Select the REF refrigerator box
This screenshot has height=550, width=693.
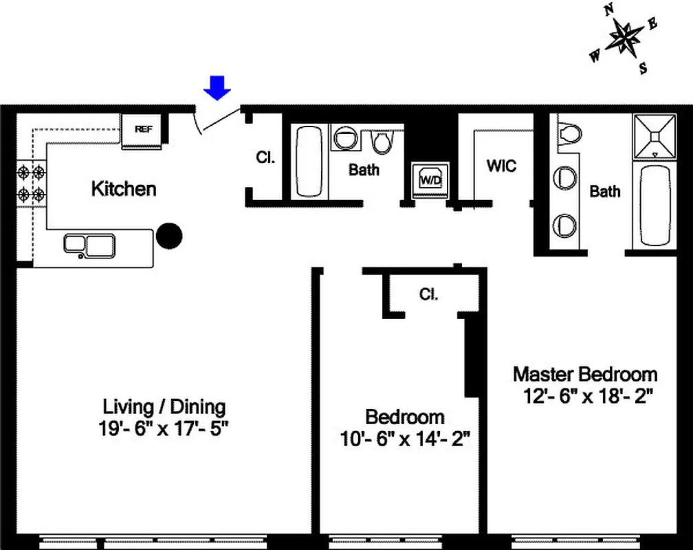[x=143, y=129]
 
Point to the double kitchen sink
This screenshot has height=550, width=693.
[x=89, y=245]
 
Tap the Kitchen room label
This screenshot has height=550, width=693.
[x=124, y=189]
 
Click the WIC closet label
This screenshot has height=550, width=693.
[x=501, y=166]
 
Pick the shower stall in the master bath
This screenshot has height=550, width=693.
[x=654, y=135]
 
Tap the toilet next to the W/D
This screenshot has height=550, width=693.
[x=381, y=142]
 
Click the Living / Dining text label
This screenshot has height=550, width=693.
[x=164, y=406]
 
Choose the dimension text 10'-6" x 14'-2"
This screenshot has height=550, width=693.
[x=405, y=439]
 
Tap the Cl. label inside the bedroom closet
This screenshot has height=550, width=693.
[x=429, y=294]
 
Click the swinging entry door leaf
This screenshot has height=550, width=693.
[x=218, y=120]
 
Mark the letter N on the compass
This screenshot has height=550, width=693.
[x=608, y=10]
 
